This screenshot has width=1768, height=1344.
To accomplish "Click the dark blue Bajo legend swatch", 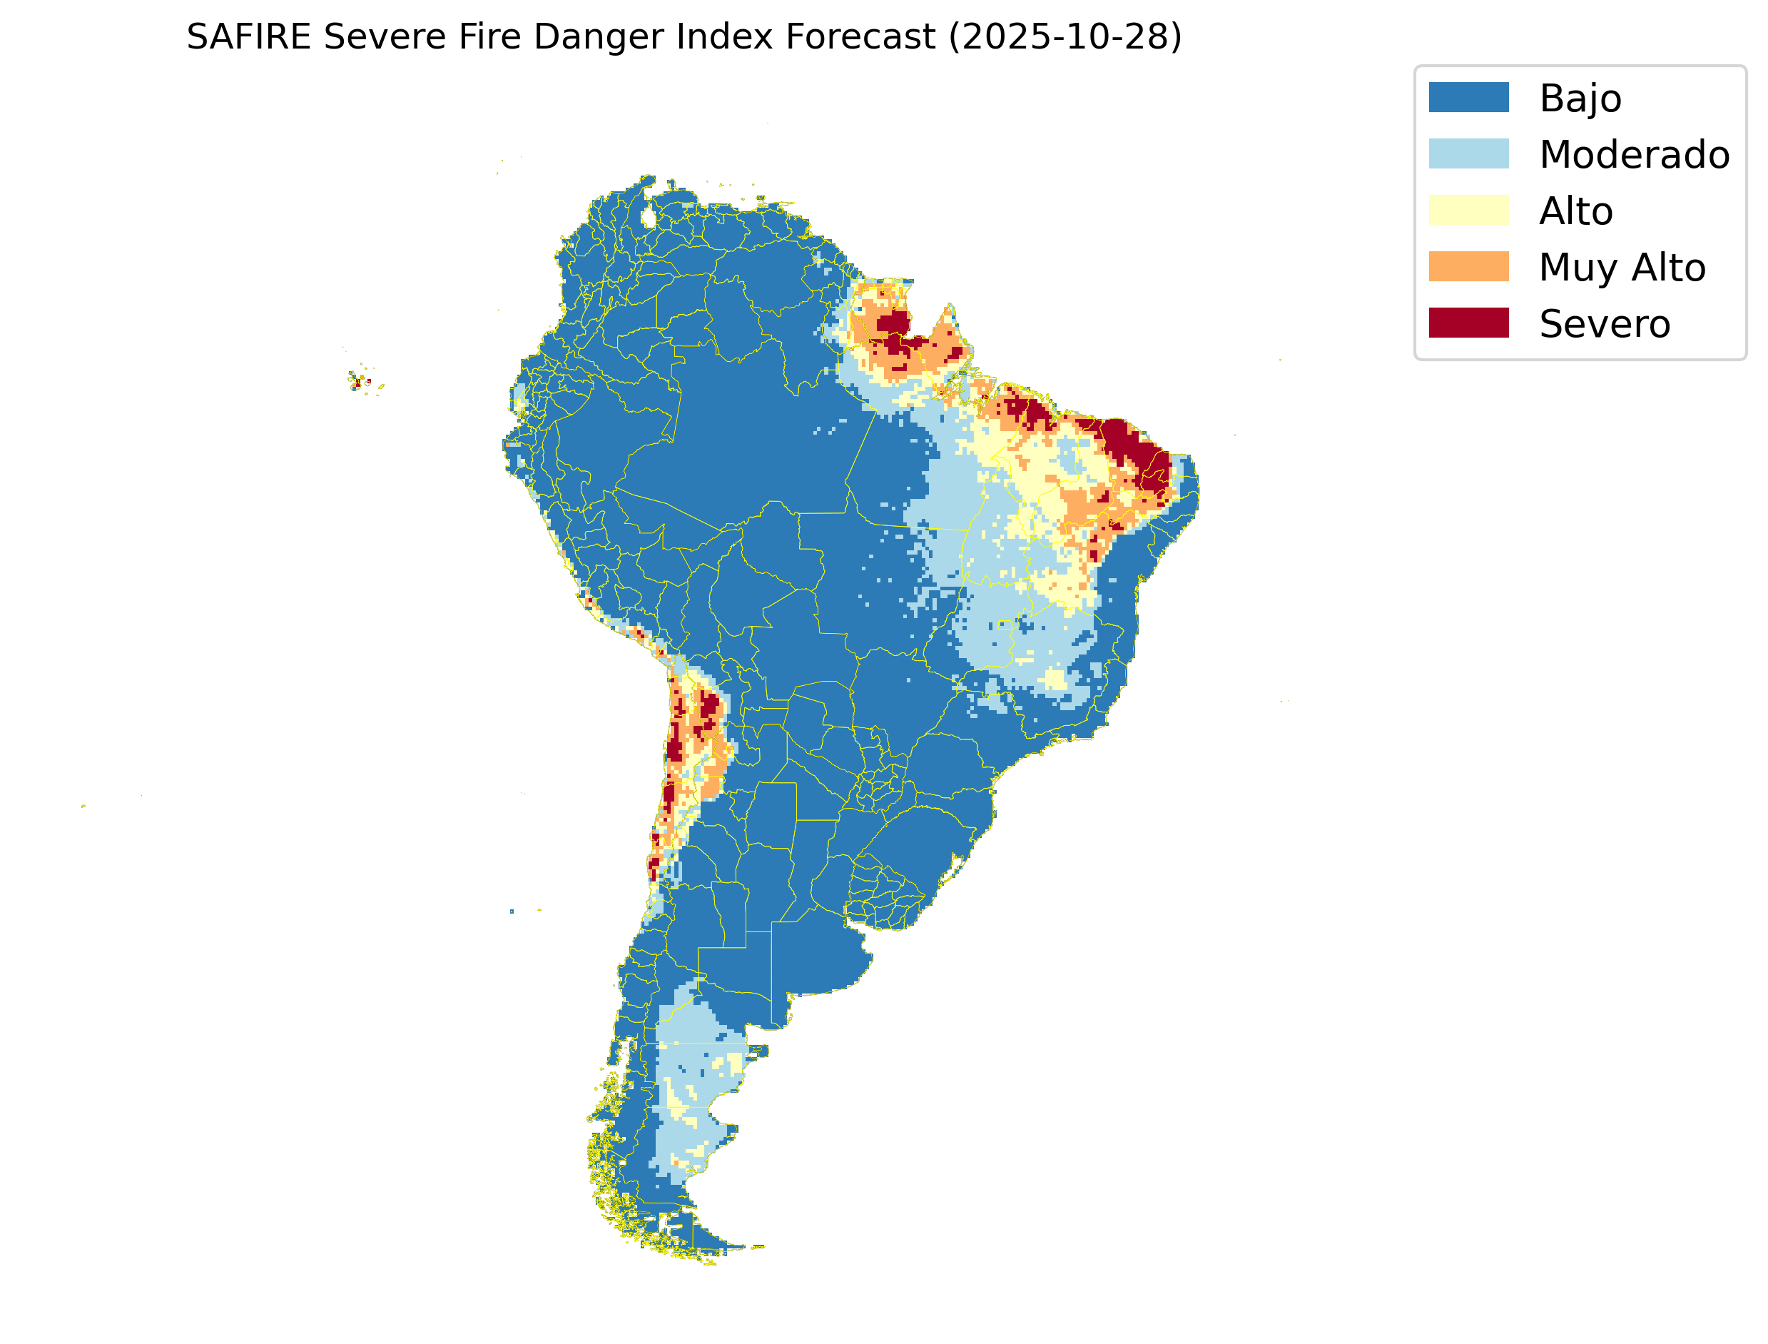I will coord(1468,98).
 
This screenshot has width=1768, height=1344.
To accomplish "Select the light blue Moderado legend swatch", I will coord(1468,153).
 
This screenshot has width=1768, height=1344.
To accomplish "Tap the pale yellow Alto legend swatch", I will coord(1468,211).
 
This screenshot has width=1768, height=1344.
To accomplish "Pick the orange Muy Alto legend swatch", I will coord(1468,266).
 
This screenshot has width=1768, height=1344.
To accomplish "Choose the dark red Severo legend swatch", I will coord(1468,323).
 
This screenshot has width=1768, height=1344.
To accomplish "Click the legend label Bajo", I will coord(1580,99).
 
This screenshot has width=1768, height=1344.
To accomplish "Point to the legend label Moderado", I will coord(1635,155).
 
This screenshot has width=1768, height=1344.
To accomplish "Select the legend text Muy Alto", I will coord(1622,268).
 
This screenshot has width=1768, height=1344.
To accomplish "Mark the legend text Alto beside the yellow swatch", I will coord(1575,212).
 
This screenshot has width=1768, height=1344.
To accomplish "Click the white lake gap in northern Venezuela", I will coord(649,217).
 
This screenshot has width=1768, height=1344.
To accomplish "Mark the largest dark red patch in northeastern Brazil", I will coord(1135,452).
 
